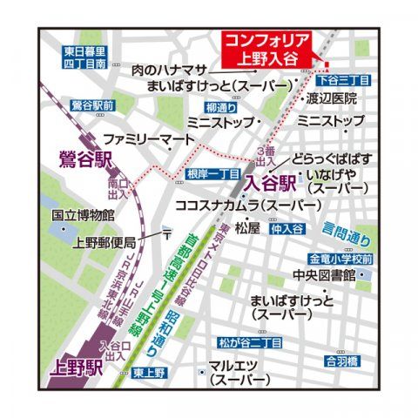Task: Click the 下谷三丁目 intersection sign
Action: [x=348, y=80]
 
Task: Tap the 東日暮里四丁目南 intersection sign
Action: [x=84, y=57]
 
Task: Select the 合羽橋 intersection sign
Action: [x=341, y=359]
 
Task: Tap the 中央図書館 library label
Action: [x=322, y=276]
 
